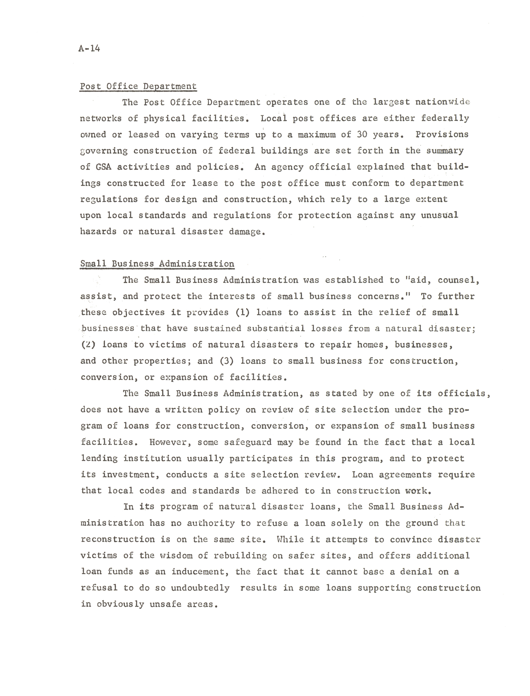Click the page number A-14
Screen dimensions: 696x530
click(89, 49)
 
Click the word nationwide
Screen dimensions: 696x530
click(442, 102)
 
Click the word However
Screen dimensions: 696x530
click(170, 442)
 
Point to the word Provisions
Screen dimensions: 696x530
click(442, 135)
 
